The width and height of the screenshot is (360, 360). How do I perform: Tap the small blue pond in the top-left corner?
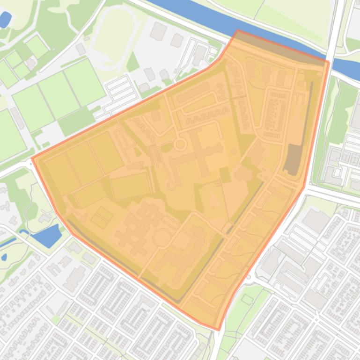tap(5, 20)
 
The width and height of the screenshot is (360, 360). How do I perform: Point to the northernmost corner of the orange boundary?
tap(238, 31)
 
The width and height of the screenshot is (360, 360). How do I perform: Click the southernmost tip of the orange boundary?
tap(218, 330)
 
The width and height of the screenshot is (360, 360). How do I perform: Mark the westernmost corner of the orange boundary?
tap(32, 158)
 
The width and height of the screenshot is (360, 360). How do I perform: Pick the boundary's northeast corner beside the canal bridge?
tap(329, 62)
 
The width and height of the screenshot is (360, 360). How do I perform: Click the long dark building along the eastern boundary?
tap(293, 159)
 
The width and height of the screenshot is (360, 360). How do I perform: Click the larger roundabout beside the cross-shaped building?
tap(180, 144)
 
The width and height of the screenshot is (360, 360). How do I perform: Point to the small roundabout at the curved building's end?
tap(171, 185)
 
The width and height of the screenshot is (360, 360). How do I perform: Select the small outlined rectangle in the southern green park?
tap(247, 299)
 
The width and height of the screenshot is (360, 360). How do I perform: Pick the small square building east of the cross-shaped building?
tap(233, 151)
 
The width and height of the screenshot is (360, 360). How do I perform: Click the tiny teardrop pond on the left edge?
tap(4, 257)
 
